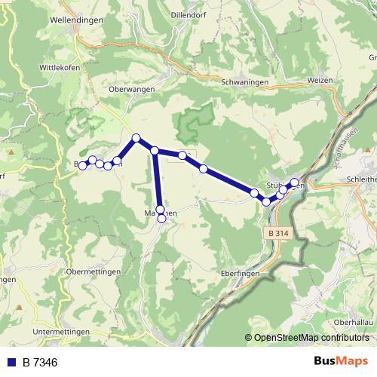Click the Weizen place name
[322, 79]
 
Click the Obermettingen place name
[91, 271]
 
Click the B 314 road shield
[277, 234]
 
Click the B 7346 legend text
[40, 363]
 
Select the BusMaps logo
[340, 362]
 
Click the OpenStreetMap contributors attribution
[311, 337]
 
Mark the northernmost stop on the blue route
[136, 138]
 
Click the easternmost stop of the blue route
[294, 182]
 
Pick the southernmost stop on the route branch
[162, 219]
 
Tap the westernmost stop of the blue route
[83, 164]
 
